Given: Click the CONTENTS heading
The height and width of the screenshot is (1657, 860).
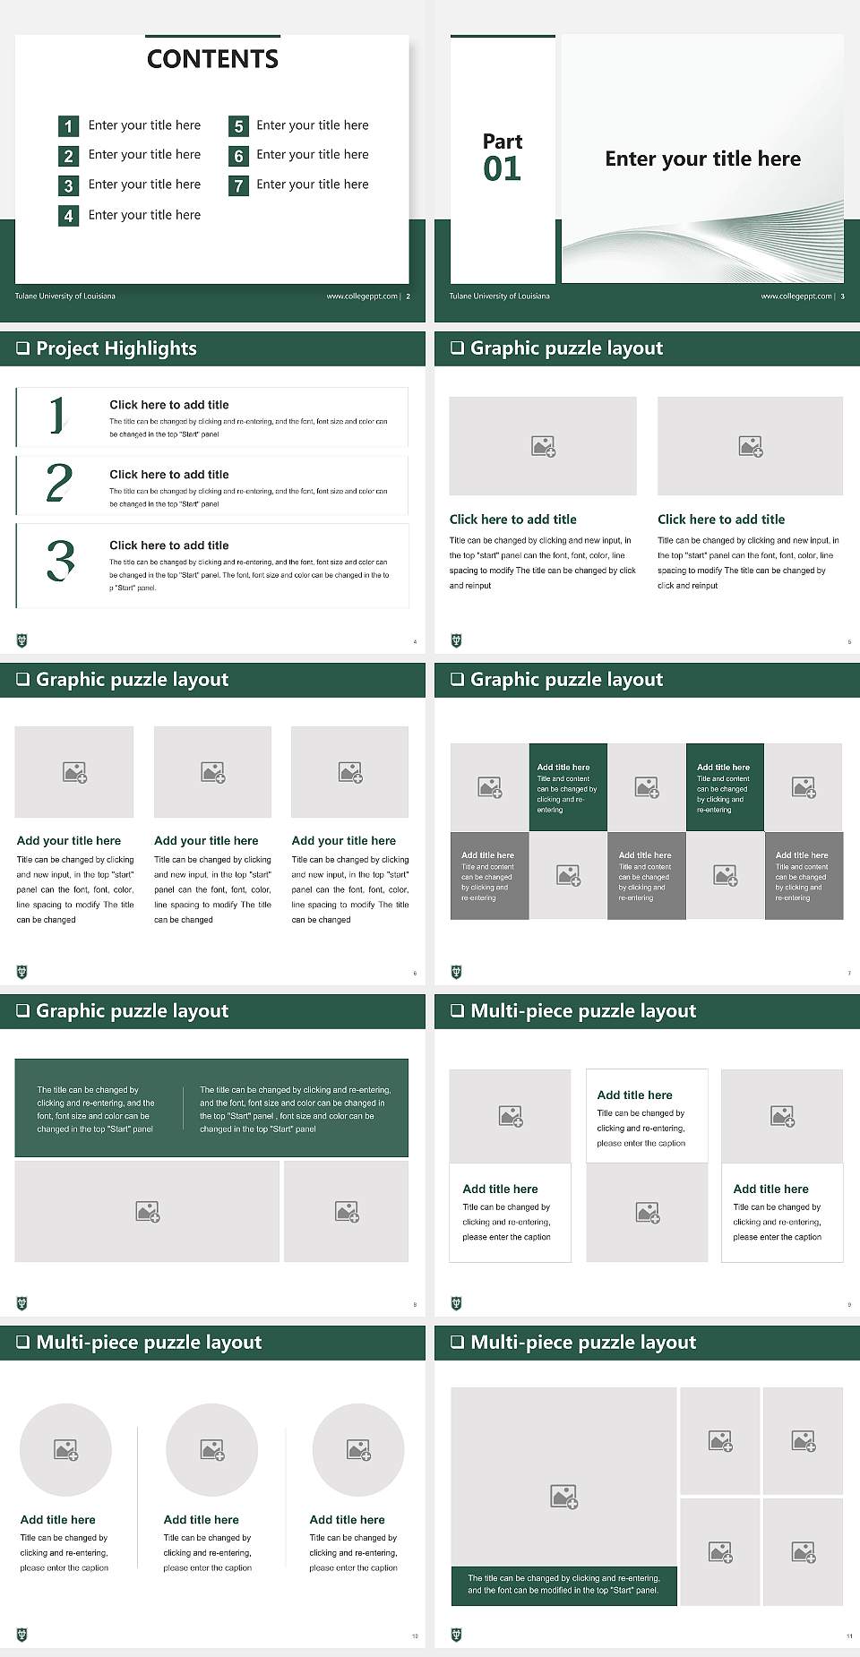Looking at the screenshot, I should [x=212, y=59].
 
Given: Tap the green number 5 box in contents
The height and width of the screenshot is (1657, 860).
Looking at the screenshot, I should [x=238, y=126].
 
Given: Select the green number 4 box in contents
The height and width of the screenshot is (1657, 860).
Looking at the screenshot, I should [x=68, y=216].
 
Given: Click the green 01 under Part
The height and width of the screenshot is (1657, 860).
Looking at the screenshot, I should [x=502, y=169].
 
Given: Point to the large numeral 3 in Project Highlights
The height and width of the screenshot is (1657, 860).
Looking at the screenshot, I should [x=60, y=562].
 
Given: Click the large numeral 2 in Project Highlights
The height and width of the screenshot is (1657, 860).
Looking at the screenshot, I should [x=59, y=483].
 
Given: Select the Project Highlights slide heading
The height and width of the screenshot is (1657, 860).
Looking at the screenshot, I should [x=116, y=348].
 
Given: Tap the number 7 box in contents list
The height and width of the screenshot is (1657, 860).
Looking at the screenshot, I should [x=238, y=185].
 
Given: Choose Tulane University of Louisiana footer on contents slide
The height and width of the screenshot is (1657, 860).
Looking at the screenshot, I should [x=64, y=296].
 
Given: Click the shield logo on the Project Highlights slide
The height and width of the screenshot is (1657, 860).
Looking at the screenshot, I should [x=22, y=640].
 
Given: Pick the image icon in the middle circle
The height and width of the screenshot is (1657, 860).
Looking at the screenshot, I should [x=212, y=1449].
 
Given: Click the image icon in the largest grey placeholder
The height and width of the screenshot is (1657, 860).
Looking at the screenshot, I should [x=563, y=1496].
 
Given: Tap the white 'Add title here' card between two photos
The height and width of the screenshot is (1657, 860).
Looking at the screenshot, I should [x=647, y=1116].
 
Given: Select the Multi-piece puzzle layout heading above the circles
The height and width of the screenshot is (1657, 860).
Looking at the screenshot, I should [x=149, y=1342].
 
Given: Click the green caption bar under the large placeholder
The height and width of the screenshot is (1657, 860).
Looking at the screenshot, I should [x=563, y=1584].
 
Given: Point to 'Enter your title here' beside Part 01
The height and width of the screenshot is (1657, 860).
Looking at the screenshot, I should [x=702, y=159].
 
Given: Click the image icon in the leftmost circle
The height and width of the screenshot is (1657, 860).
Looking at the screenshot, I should [x=66, y=1449].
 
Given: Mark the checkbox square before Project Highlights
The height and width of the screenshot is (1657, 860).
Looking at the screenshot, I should [x=23, y=348].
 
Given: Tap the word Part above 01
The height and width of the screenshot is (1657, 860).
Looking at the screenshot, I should [x=502, y=142].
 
